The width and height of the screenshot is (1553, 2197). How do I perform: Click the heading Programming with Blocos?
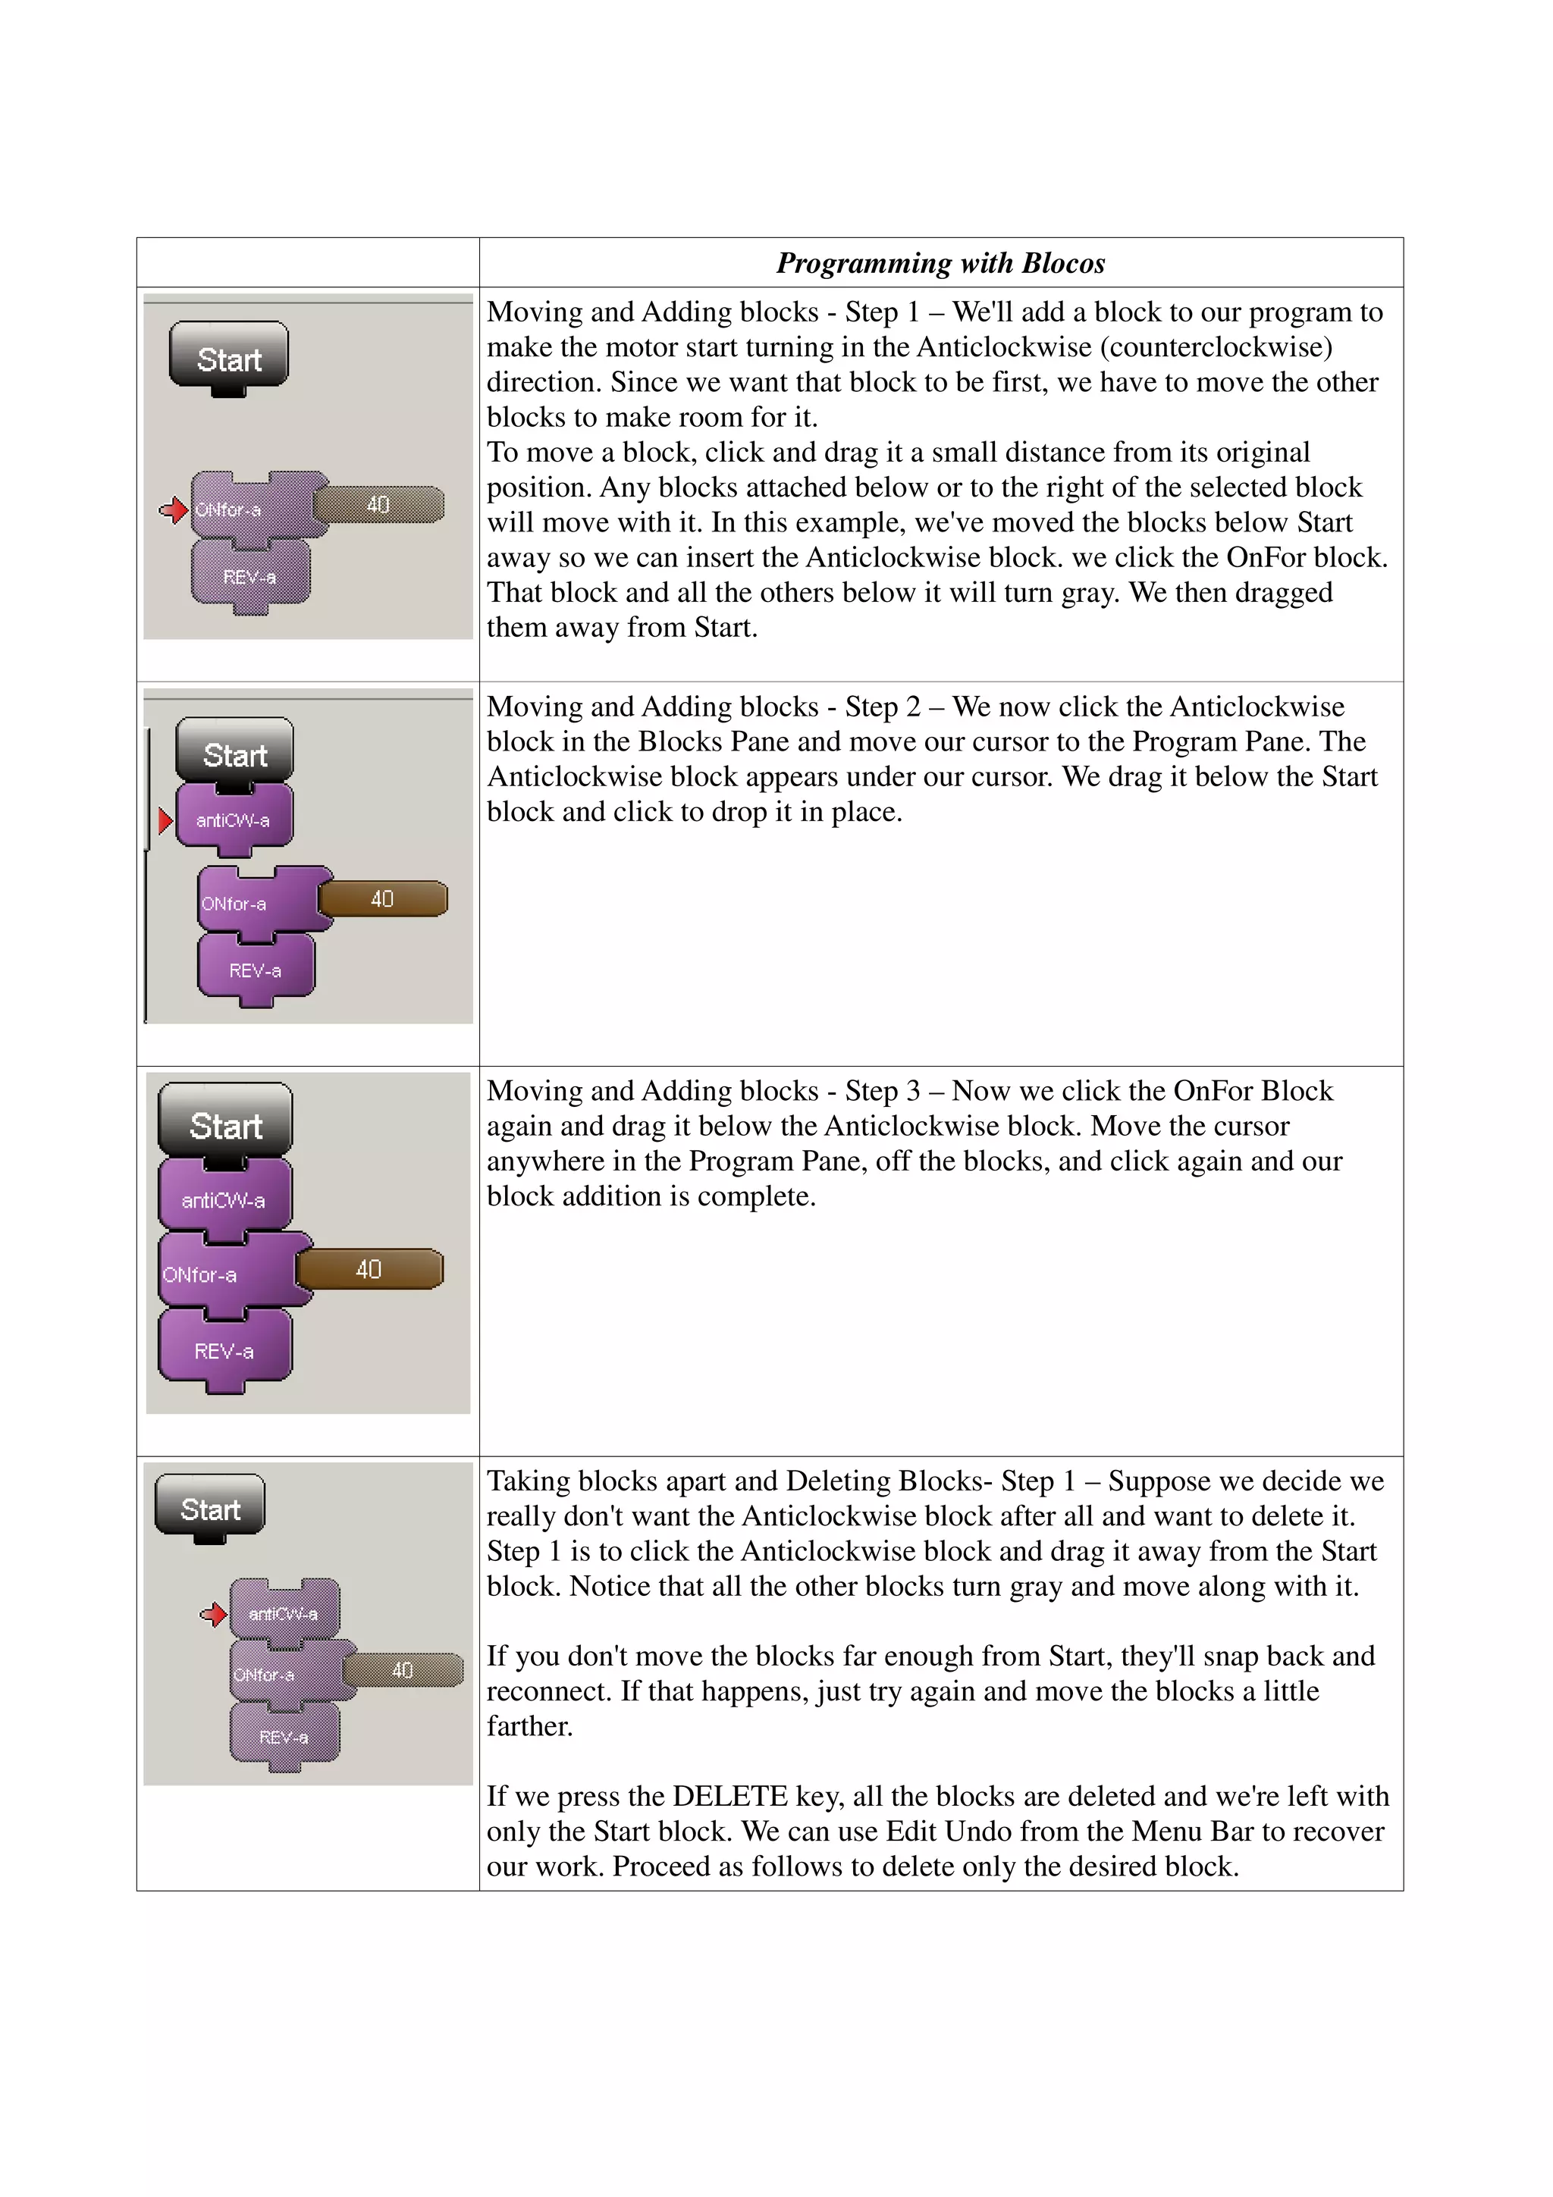pyautogui.click(x=940, y=263)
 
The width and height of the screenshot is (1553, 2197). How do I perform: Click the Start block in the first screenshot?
pyautogui.click(x=229, y=356)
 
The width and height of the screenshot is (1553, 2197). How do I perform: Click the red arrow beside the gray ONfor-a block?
pyautogui.click(x=173, y=510)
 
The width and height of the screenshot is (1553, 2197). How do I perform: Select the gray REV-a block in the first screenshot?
pyautogui.click(x=249, y=576)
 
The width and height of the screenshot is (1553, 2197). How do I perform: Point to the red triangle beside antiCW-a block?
pyautogui.click(x=165, y=820)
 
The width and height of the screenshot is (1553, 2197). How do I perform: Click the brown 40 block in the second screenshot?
pyautogui.click(x=383, y=898)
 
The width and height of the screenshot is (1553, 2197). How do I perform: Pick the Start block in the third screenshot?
pyautogui.click(x=225, y=1124)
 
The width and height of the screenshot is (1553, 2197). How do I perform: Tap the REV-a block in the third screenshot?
pyautogui.click(x=224, y=1350)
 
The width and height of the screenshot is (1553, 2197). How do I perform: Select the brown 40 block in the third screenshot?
pyautogui.click(x=369, y=1269)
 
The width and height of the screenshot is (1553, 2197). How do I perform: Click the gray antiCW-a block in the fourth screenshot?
pyautogui.click(x=284, y=1613)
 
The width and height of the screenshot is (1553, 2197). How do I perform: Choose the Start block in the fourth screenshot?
pyautogui.click(x=209, y=1508)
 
